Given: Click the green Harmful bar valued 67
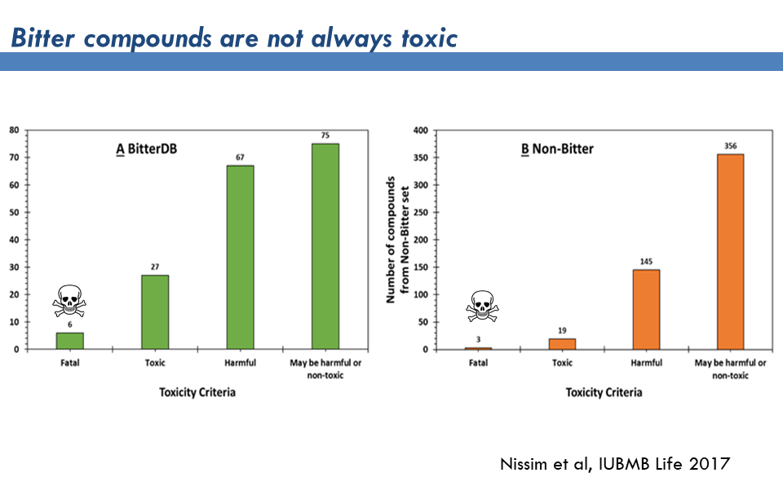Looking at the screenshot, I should (240, 257).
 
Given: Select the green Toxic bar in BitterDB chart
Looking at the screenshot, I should (155, 311).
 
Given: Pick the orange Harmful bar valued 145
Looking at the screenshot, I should (646, 309).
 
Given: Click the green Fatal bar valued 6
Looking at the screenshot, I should (69, 341).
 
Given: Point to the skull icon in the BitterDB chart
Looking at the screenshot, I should (69, 301).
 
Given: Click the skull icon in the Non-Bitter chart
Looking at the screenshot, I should (481, 307).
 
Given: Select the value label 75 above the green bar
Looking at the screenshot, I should (325, 135).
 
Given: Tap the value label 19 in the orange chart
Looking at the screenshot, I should (562, 330).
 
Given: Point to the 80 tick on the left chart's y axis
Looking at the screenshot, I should (15, 130).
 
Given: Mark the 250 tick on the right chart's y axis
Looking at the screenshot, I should (421, 212).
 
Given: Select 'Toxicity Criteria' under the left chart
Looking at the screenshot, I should (197, 392).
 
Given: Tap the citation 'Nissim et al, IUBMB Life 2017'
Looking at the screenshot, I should (614, 464).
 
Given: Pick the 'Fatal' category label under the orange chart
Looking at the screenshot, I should (478, 363).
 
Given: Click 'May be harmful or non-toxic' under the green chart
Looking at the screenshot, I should (325, 369).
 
